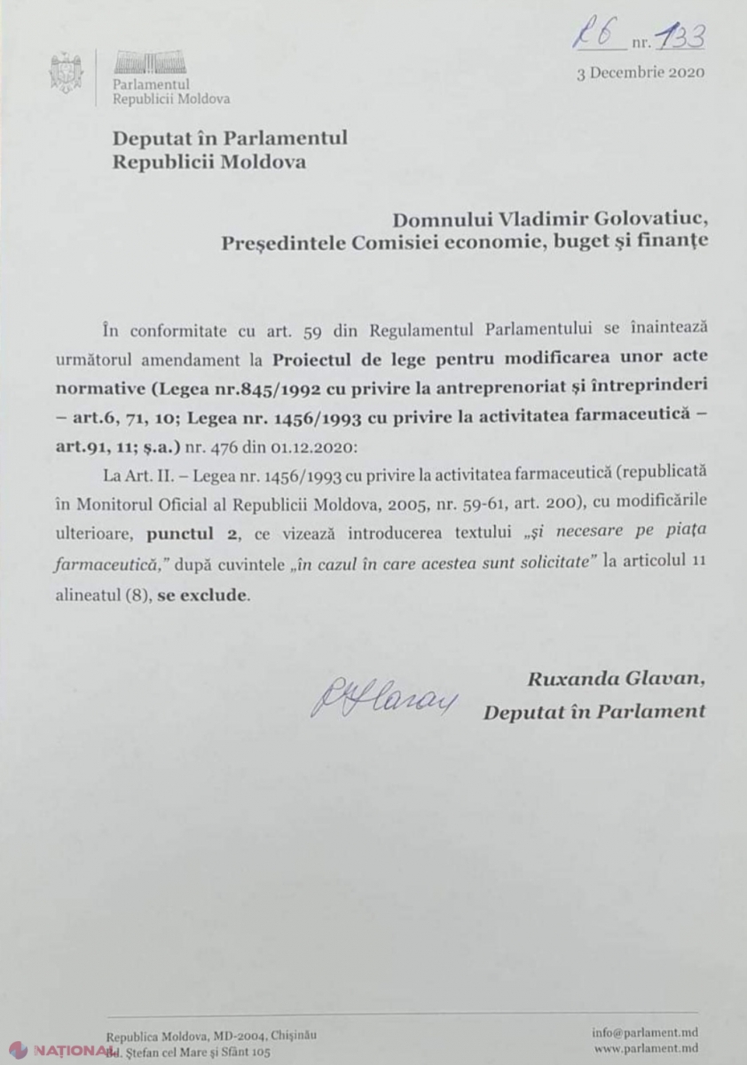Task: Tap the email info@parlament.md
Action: point(645,1033)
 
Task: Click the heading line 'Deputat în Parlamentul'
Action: point(230,138)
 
